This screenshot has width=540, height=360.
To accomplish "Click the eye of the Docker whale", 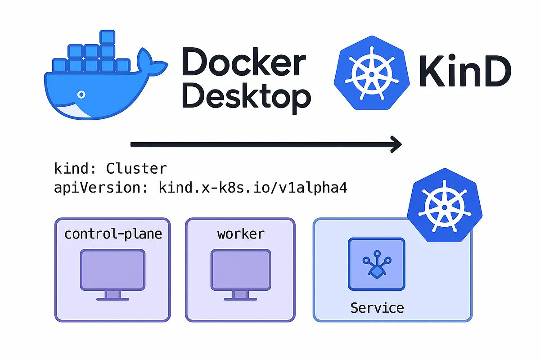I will point(81,94).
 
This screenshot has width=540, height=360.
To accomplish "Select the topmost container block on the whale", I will point(108,37).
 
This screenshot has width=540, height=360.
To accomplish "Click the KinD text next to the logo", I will point(465,72).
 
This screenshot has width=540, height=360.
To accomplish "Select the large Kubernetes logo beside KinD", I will point(372,72).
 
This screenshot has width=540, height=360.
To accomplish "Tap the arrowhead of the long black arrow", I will point(395,144).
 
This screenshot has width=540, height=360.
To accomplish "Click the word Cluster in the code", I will point(136,169).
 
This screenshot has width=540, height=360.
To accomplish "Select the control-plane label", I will point(113,234).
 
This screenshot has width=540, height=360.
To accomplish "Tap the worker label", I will point(241,234).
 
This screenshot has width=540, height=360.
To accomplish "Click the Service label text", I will point(377,308).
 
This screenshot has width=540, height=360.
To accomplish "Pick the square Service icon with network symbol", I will point(377,264).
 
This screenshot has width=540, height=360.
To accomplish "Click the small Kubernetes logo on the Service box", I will point(441,205).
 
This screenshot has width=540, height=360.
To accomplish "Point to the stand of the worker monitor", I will point(241,296).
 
